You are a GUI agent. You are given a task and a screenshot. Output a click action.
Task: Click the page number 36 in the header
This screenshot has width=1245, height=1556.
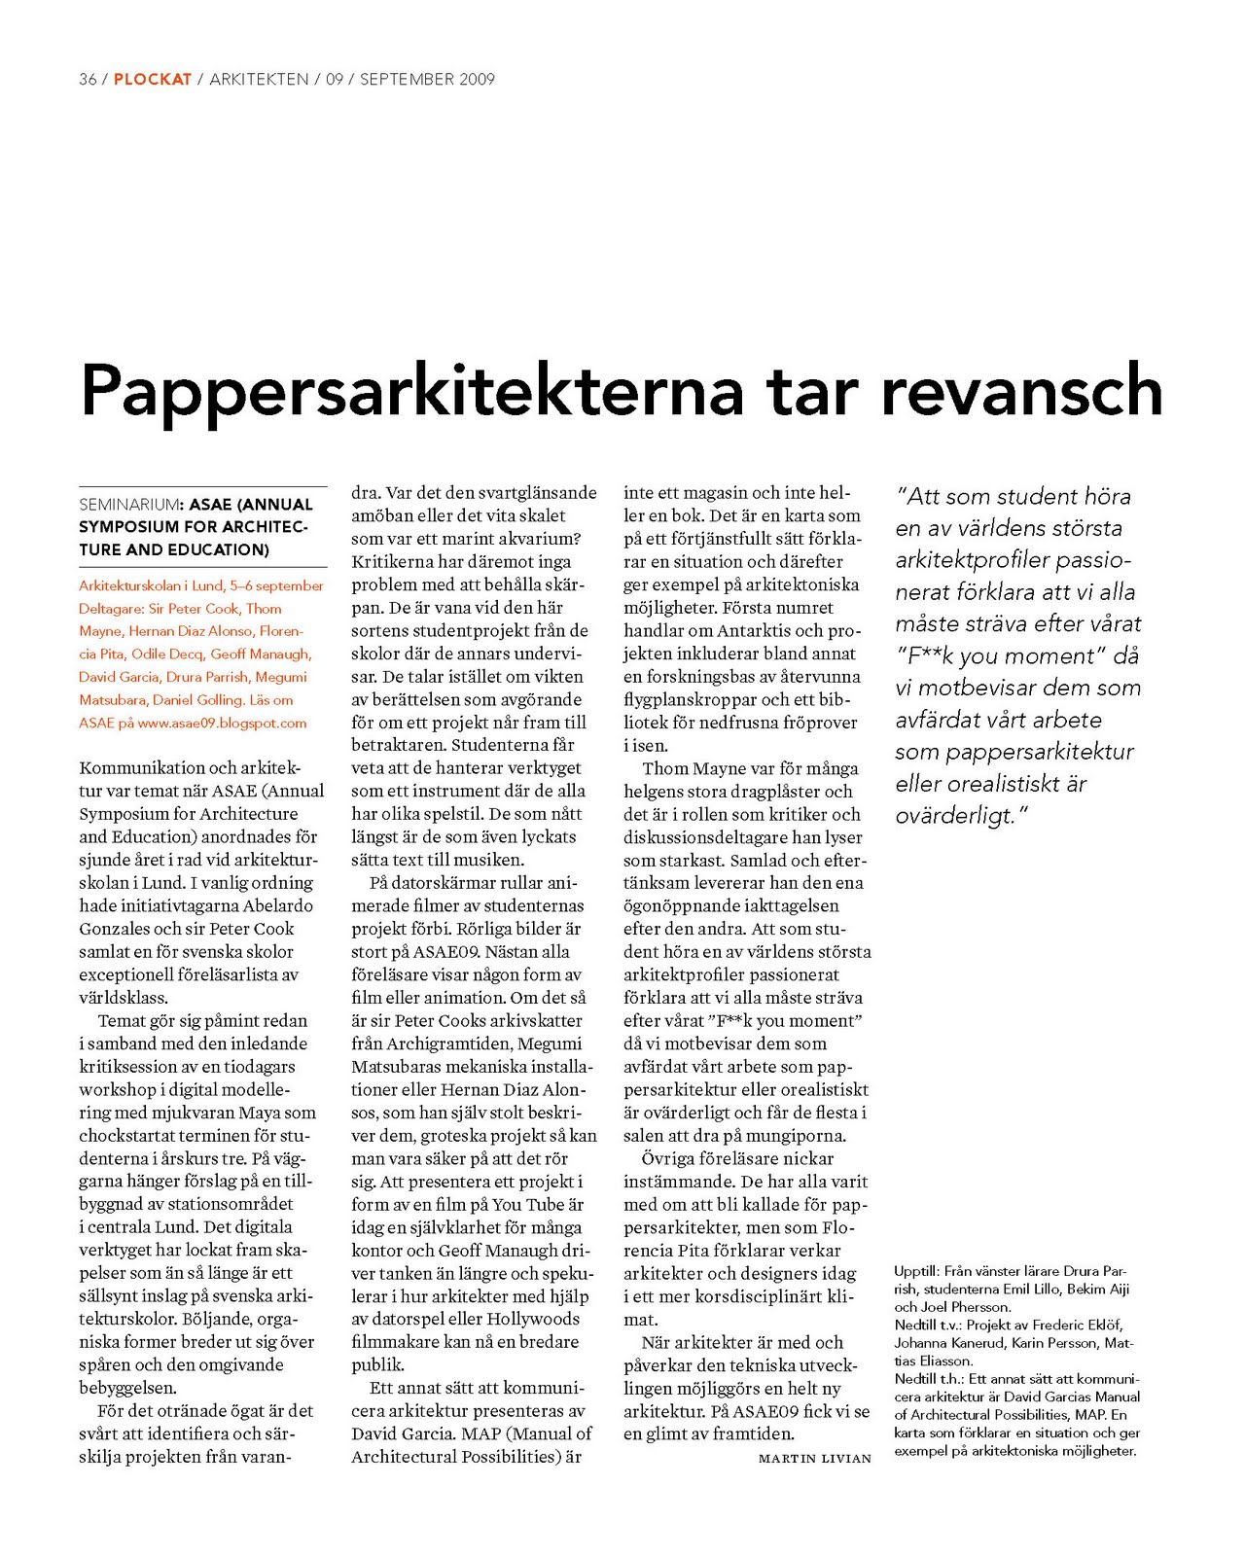click(x=88, y=80)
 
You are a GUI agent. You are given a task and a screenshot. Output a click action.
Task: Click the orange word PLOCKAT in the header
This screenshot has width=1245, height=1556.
click(x=153, y=80)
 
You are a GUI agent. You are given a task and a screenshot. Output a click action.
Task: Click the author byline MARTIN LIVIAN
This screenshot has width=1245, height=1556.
click(x=815, y=1458)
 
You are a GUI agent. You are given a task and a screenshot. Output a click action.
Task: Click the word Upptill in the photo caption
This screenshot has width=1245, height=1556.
click(x=915, y=1271)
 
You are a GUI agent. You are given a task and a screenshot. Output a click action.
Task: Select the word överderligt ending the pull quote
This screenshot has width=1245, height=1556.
click(x=954, y=816)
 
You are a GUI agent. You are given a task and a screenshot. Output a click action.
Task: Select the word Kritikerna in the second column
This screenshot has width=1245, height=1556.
click(x=393, y=562)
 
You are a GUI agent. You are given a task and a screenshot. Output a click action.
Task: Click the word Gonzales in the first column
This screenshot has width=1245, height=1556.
click(x=115, y=929)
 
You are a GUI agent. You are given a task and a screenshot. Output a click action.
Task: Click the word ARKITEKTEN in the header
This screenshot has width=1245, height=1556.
click(x=259, y=80)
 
